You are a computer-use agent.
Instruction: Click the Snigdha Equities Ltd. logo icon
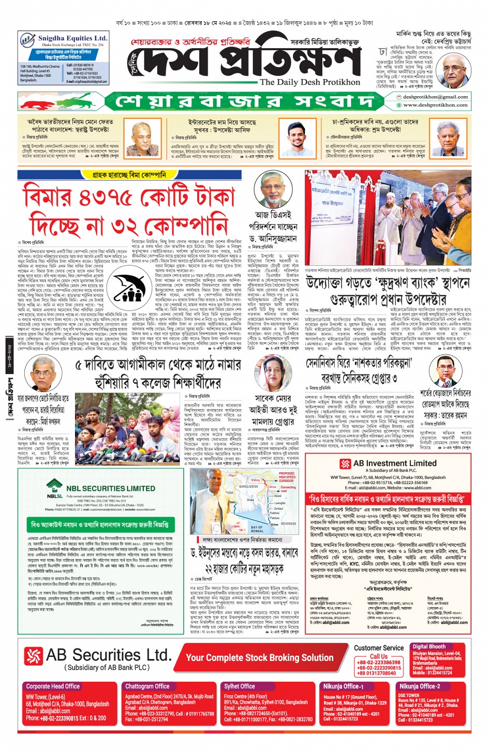27,40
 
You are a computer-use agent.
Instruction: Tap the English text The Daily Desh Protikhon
309,82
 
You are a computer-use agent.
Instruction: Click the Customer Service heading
379,648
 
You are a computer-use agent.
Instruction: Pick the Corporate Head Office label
53,686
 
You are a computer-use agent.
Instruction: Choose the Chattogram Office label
147,686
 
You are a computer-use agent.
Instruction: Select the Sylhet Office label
240,686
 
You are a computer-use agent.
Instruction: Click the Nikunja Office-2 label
419,686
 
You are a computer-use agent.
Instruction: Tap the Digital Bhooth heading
429,647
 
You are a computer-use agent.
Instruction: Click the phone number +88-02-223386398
379,663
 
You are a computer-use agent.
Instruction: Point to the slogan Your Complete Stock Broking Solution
260,658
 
